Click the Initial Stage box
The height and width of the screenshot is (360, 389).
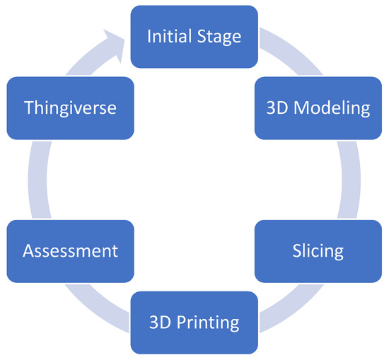[194, 37]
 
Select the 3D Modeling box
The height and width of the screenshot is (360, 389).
[318, 108]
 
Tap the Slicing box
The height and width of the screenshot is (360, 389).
[318, 251]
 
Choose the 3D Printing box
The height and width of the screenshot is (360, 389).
[194, 323]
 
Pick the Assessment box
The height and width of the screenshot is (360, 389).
[69, 251]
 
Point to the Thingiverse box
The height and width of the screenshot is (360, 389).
[69, 108]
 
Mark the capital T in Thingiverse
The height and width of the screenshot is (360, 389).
[29, 108]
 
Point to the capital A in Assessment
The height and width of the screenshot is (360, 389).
[27, 251]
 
